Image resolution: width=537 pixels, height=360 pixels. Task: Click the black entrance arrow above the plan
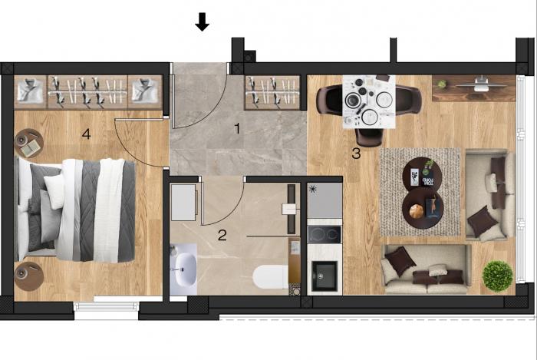202,22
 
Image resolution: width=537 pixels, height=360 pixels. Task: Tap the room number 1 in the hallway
237,129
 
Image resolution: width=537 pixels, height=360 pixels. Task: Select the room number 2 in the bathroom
222,236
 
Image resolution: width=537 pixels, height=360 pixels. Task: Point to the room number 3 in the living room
356,154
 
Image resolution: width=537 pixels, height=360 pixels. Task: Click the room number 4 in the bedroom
86,134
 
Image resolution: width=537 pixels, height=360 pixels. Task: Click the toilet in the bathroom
272,277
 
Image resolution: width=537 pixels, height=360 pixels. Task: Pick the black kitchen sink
325,276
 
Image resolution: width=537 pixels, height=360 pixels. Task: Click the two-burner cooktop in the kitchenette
325,235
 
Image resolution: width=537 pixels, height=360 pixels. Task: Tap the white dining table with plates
369,102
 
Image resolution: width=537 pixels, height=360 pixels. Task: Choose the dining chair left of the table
329,100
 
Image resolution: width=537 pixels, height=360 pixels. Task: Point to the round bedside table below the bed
29,276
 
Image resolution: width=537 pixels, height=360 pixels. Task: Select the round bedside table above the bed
29,143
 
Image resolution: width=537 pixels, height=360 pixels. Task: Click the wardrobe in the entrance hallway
272,93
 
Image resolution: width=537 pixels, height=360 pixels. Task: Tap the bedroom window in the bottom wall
107,306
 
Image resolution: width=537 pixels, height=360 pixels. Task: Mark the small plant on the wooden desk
442,84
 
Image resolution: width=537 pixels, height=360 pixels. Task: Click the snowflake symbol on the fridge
312,189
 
